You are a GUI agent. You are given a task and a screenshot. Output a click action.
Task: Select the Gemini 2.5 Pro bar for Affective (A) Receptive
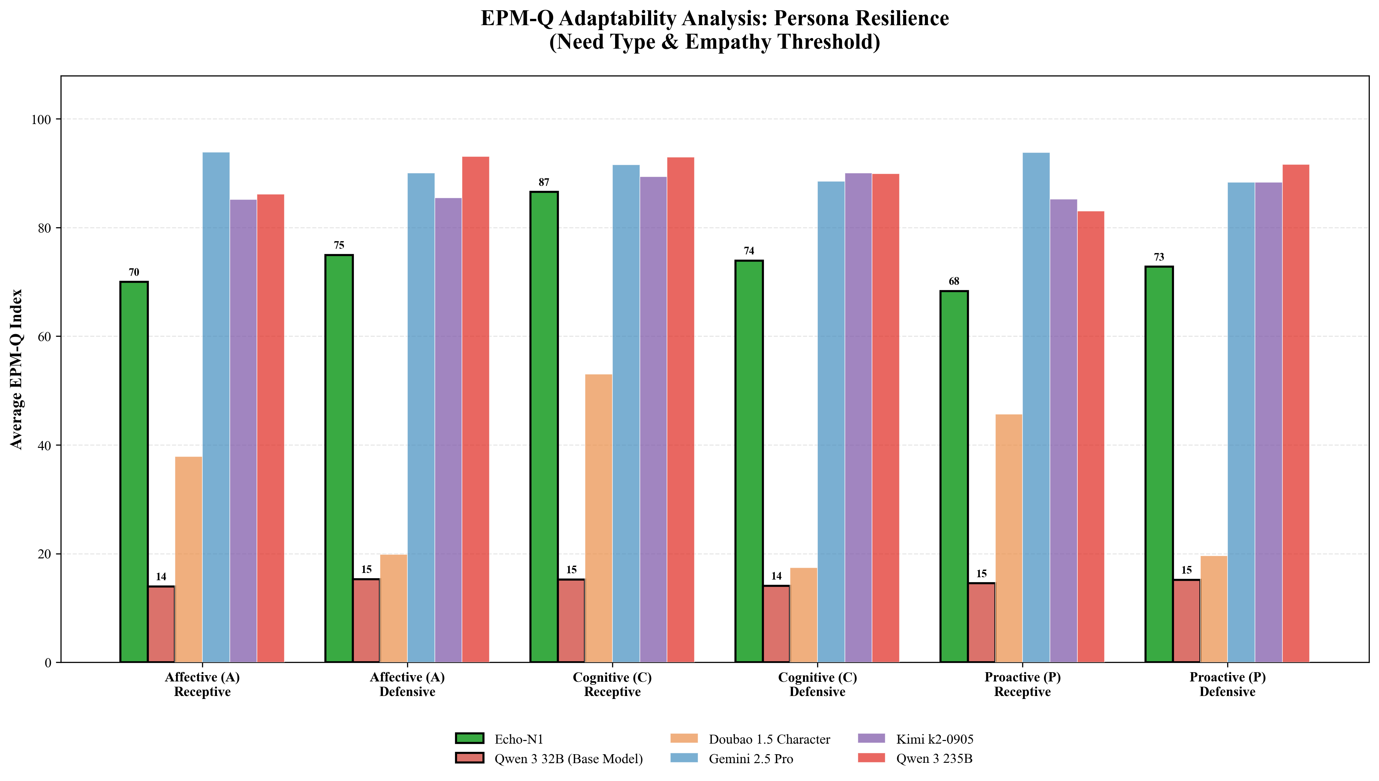(216, 408)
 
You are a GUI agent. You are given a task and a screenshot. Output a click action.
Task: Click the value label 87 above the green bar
(544, 182)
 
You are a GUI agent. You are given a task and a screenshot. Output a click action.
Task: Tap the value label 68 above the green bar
(954, 282)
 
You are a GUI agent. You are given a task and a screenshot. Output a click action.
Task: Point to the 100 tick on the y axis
(41, 119)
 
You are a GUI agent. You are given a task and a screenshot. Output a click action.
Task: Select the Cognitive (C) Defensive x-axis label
(817, 684)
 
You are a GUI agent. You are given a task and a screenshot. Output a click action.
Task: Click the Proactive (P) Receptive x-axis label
(1022, 684)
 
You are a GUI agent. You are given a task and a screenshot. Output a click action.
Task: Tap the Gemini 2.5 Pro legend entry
(751, 759)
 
